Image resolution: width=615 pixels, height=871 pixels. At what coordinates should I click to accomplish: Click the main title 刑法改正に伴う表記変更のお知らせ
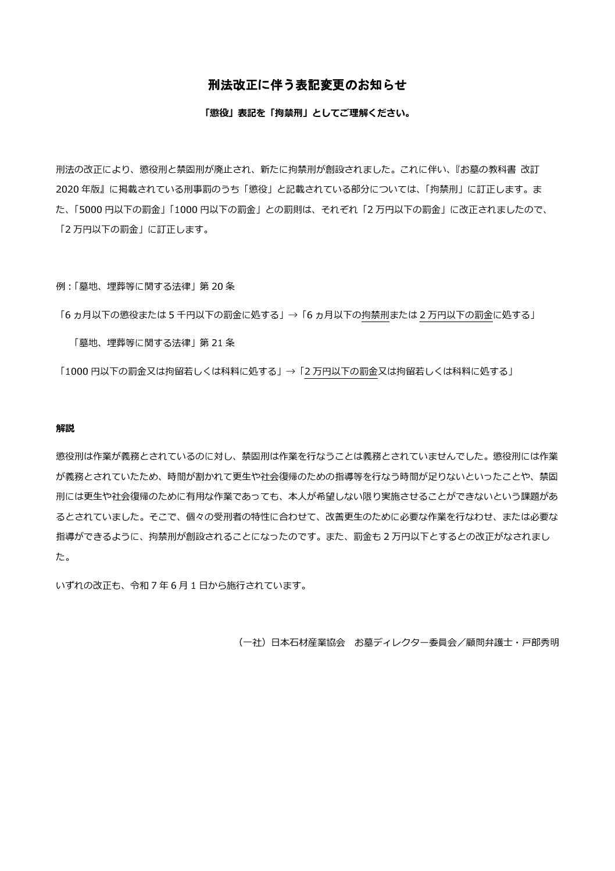click(x=307, y=85)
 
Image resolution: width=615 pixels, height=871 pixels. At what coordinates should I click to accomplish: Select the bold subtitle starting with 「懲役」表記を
click(x=307, y=113)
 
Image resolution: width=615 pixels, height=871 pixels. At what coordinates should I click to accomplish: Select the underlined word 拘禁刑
click(x=375, y=315)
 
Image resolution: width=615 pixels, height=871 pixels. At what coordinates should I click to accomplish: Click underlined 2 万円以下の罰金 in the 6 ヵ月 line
click(x=456, y=315)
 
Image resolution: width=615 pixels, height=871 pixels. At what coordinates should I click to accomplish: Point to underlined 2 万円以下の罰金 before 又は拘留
click(x=341, y=371)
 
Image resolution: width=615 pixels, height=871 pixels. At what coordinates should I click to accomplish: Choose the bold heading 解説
click(x=65, y=428)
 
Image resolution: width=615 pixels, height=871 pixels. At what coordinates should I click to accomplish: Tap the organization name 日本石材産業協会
click(x=308, y=642)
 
